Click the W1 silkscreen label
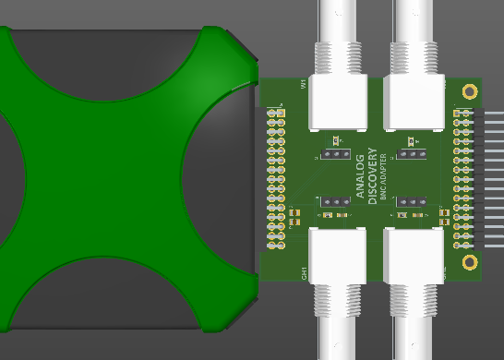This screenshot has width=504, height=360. pos(303,84)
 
